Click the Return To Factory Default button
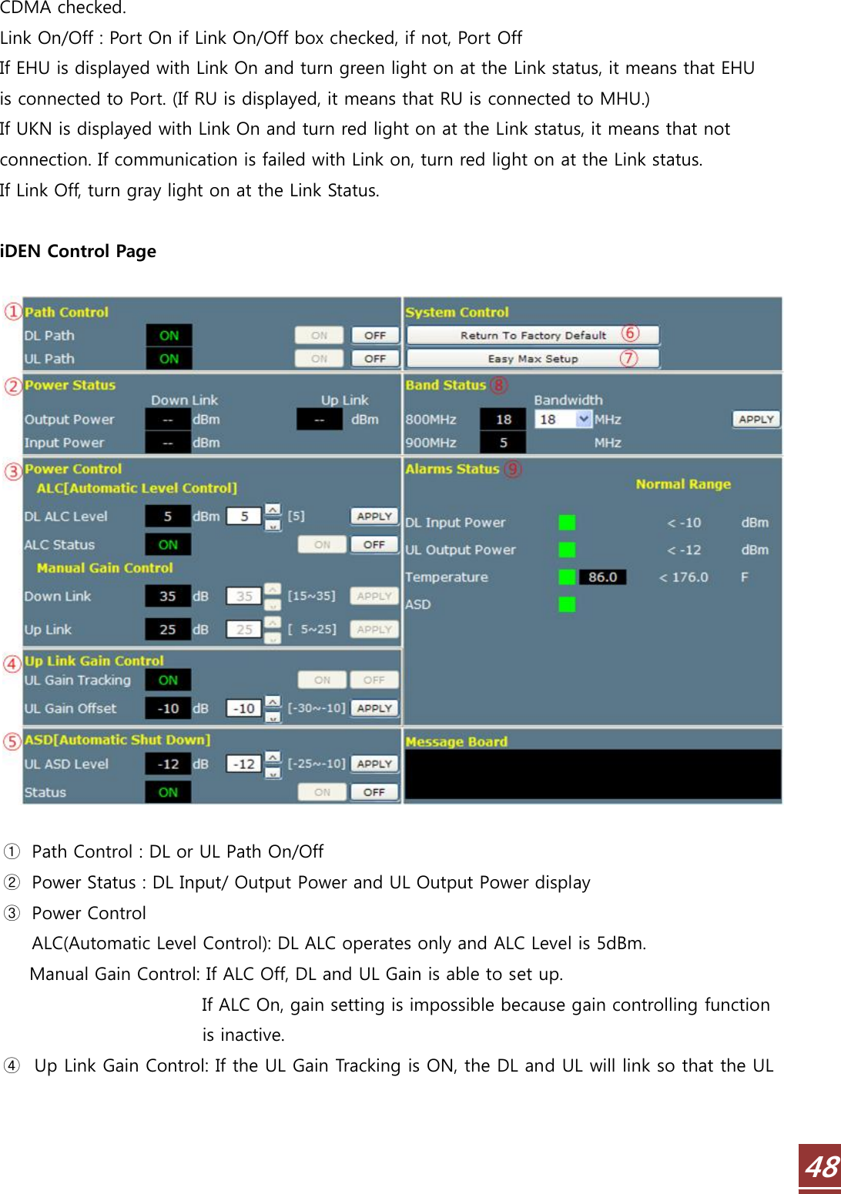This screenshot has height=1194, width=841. point(532,336)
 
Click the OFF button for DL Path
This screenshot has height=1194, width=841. point(375,336)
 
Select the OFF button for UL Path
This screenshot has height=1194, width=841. point(375,359)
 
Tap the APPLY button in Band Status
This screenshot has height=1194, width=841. point(756,420)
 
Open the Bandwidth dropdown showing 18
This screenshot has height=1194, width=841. point(583,420)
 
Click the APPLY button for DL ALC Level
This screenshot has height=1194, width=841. point(374,517)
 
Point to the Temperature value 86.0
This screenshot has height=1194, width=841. point(602,577)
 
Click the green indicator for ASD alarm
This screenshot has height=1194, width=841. point(567,604)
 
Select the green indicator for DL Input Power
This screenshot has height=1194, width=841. point(567,523)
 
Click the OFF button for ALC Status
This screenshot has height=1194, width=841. point(374,545)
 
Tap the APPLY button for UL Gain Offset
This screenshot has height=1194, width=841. point(374,708)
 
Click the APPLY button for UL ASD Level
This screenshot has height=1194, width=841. point(374,764)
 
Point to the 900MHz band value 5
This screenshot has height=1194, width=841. point(503,443)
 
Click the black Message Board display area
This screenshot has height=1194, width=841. point(592,774)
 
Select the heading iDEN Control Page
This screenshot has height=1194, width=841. point(78,252)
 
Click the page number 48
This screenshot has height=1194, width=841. point(821,1168)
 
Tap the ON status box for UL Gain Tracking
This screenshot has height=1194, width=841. point(168,681)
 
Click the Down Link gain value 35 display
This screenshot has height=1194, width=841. point(168,597)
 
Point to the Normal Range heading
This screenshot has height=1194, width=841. point(683,484)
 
